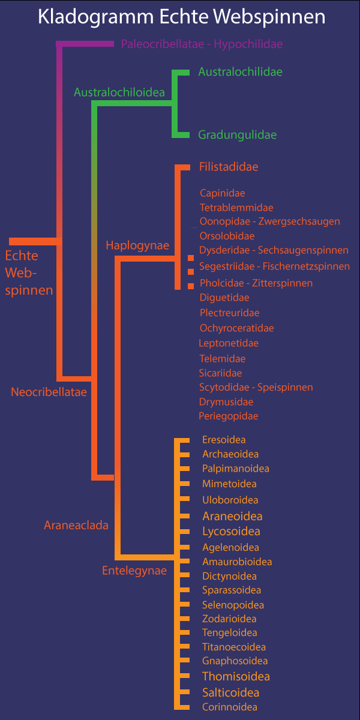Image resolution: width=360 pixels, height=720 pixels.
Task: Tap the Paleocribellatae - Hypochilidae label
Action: coord(202,44)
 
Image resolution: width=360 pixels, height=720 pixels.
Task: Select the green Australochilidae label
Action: coord(240,72)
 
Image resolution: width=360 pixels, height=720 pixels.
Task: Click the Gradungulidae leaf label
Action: coord(238,135)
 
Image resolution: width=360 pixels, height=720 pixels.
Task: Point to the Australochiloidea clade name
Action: coord(119,92)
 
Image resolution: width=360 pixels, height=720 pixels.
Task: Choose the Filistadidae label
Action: coord(229,167)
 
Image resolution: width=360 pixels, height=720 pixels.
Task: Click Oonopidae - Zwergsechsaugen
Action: coord(269,221)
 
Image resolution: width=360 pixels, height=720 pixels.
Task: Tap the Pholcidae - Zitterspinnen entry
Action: coord(256,283)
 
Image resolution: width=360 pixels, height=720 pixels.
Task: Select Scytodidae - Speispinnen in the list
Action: coord(256,388)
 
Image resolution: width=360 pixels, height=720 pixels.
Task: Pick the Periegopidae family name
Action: coord(229,416)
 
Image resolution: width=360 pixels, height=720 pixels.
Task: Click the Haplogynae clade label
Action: coord(137,245)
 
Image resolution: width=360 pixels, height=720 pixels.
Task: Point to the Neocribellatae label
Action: coord(49,392)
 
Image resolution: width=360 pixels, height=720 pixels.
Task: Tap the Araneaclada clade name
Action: coord(76,526)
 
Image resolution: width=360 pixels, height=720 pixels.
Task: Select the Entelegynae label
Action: coord(134,571)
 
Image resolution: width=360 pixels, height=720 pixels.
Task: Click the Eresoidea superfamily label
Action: coord(224,440)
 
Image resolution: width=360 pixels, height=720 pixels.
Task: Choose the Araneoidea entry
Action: coord(232,516)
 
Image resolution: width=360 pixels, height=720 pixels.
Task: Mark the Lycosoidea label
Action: coord(231,532)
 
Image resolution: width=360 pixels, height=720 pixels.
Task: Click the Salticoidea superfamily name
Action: coord(231,692)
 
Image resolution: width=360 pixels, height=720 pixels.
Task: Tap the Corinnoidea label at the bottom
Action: coord(230,707)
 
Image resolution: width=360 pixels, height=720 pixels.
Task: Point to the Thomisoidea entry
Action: coord(236,677)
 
